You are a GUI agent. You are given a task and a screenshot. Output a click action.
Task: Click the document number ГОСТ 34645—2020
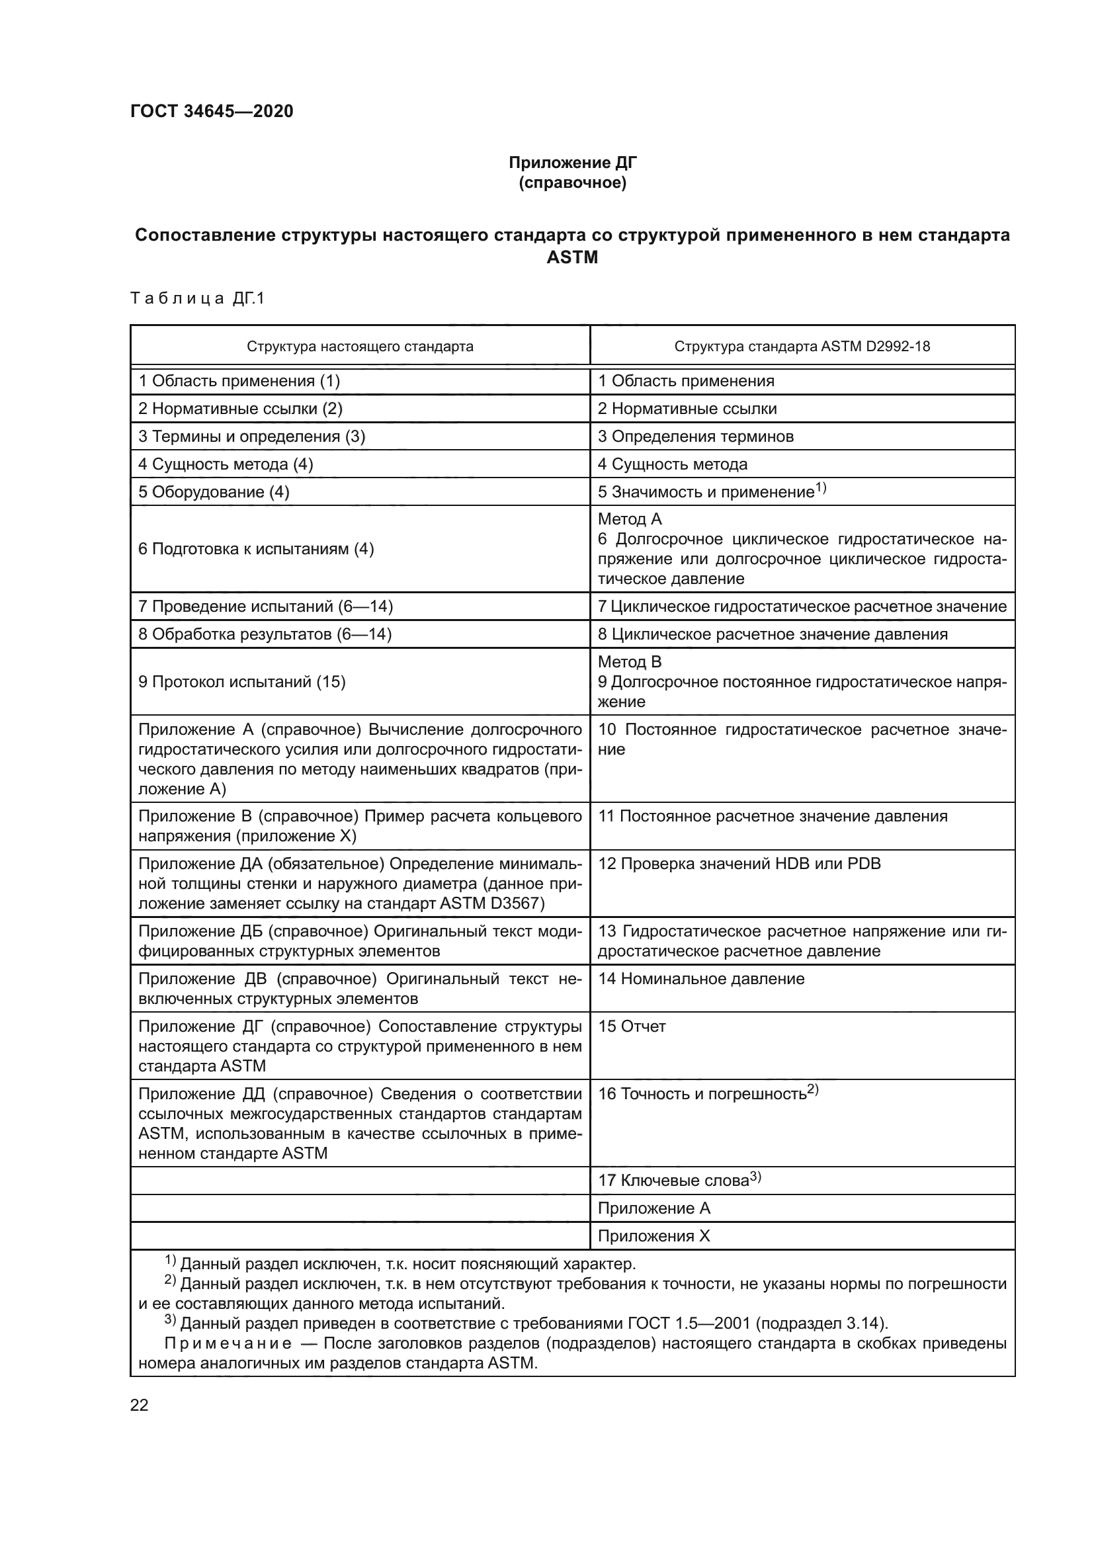coord(212,111)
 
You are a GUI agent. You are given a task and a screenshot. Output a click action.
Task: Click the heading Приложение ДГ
coord(572,163)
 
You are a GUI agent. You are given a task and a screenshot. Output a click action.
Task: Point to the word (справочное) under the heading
coord(572,183)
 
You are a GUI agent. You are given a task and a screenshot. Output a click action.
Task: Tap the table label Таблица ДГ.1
coord(197,298)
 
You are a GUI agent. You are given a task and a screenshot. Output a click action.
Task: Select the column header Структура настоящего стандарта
coord(360,347)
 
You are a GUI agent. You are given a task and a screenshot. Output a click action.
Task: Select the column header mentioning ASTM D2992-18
coord(802,347)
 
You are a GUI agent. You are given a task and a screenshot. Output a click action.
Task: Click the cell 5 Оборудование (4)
coord(214,492)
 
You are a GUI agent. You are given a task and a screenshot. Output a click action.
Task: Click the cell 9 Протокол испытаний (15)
coord(242,682)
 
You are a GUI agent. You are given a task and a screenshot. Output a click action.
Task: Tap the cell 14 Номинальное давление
coord(701,979)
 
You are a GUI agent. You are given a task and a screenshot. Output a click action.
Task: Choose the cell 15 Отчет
coord(632,1026)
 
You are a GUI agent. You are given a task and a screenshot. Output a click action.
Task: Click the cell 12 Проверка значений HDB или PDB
coord(739,864)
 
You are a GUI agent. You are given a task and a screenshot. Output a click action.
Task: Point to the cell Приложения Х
coord(653,1235)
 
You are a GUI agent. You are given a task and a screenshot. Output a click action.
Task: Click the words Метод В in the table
coord(629,661)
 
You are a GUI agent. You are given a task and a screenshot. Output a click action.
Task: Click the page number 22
coord(139,1405)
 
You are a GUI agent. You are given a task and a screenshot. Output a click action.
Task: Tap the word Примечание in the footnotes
coord(228,1343)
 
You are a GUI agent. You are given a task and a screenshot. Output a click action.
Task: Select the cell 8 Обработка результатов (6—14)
coord(265,634)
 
